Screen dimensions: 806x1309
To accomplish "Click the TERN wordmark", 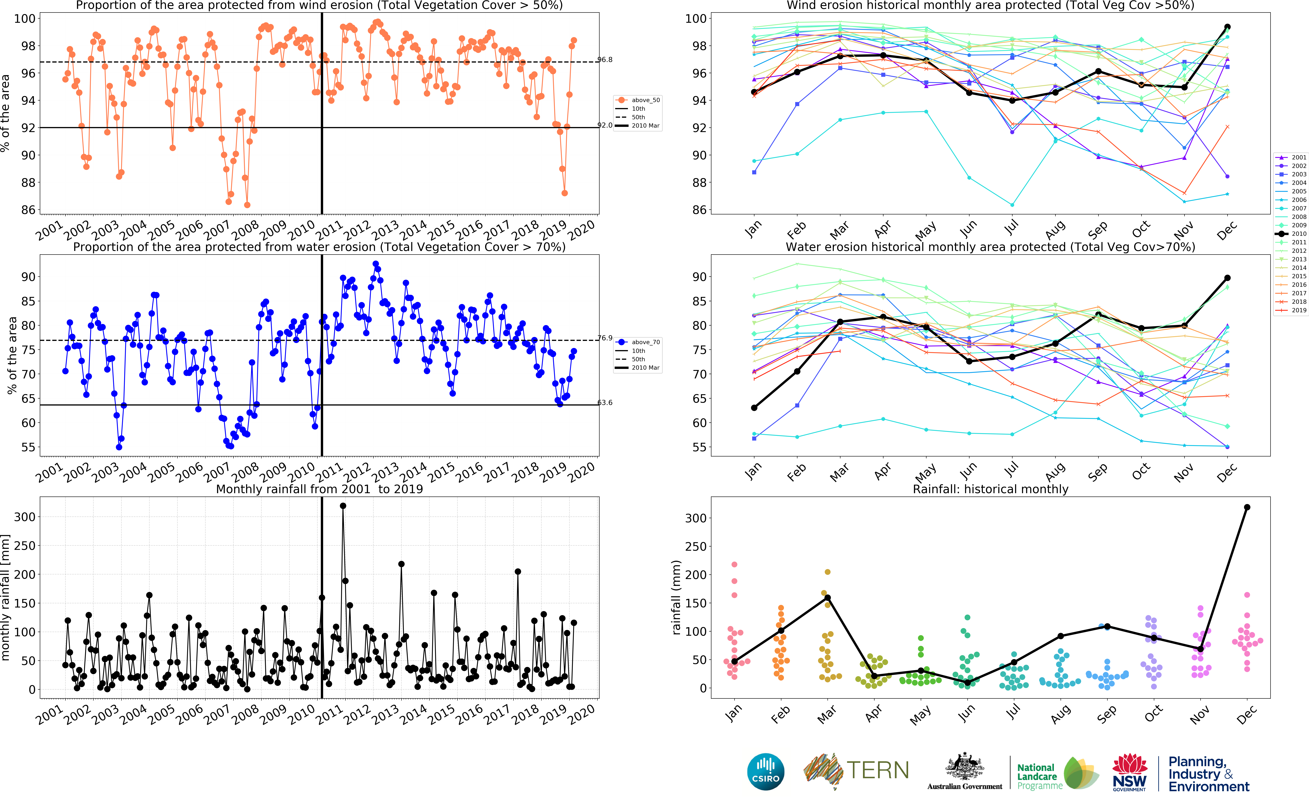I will tap(878, 770).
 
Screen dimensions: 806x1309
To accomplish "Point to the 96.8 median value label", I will tap(605, 60).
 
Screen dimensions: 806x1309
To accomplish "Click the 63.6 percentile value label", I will tap(605, 402).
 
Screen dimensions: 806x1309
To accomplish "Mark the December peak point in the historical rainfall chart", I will tap(1247, 507).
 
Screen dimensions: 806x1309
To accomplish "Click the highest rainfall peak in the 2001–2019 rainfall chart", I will tap(343, 506).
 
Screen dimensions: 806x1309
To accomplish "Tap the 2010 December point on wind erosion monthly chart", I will tap(1227, 27).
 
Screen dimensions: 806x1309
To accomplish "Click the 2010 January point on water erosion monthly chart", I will tap(754, 408).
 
